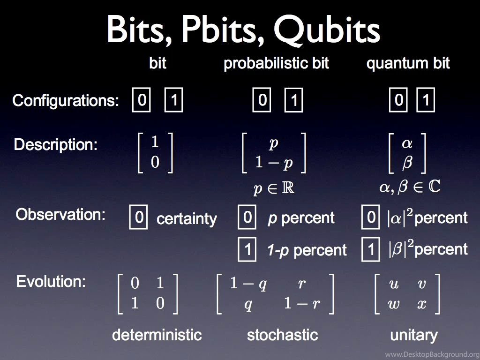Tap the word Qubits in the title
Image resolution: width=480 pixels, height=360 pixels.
(327, 30)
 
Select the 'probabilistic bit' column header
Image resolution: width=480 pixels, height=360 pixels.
(276, 63)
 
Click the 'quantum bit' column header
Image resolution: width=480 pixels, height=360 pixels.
(408, 63)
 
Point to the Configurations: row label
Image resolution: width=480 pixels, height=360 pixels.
(66, 100)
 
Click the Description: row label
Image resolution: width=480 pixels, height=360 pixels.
(55, 144)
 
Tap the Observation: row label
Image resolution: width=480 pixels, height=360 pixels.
(60, 214)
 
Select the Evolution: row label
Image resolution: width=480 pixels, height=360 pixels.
(51, 281)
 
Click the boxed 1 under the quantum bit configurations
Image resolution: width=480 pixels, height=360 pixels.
(426, 100)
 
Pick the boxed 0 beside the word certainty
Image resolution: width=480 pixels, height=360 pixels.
(139, 217)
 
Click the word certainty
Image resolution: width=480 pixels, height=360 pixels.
(187, 218)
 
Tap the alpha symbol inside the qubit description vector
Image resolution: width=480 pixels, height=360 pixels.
(407, 143)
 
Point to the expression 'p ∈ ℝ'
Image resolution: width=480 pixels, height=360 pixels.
(274, 188)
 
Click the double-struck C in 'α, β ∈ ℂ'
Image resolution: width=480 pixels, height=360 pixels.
(435, 186)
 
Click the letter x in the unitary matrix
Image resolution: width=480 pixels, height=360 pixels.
(422, 304)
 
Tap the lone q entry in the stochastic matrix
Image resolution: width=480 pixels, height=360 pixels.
(248, 305)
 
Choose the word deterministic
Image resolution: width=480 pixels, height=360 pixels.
(157, 335)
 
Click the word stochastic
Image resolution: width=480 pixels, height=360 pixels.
(282, 335)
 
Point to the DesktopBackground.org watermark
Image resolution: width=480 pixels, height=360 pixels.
(432, 354)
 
